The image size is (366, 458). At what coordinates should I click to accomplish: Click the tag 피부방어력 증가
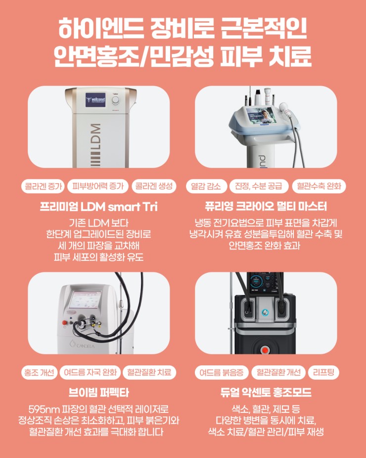pos(98,186)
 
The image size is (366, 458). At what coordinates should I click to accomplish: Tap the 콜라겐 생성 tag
pos(154,186)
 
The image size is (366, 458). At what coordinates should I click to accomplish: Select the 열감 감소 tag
pos(206,186)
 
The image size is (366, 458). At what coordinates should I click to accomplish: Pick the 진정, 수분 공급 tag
pos(259,186)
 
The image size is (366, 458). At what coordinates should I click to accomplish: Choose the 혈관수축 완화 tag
pos(319,186)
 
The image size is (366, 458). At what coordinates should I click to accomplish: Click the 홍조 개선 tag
pos(39,372)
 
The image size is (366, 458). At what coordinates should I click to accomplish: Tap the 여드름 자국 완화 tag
pos(90,372)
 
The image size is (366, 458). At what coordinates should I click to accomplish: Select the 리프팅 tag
pos(323,372)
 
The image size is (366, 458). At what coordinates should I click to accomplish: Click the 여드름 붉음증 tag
pos(222,372)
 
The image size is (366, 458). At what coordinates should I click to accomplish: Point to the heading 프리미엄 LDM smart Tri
pos(98,207)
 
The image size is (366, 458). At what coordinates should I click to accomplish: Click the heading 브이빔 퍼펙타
pos(98,393)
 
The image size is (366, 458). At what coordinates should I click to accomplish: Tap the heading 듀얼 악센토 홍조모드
pos(266,393)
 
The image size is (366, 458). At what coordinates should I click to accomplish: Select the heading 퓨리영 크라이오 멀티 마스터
pos(266,207)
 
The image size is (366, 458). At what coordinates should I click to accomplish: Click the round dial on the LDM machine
pos(116,100)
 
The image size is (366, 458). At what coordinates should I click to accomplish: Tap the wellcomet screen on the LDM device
pos(95,100)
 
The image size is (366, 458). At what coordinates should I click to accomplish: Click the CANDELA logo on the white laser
pos(82,345)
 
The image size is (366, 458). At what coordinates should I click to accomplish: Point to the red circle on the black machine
pos(265,350)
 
